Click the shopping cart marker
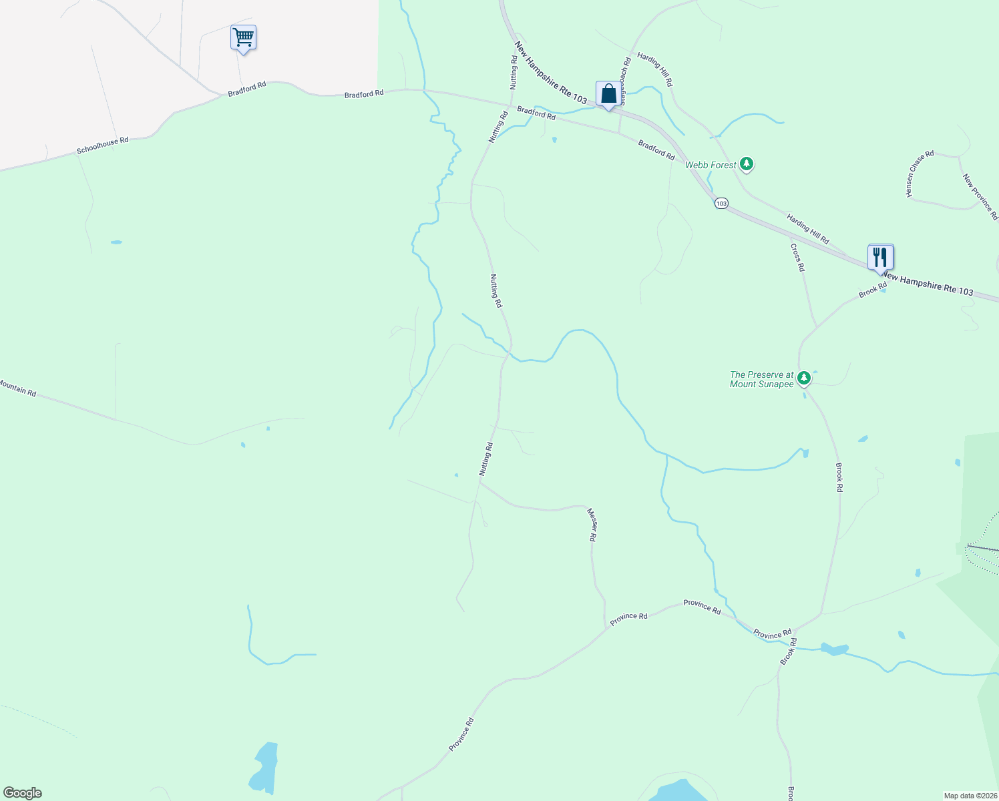tap(243, 38)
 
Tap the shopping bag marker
tap(608, 94)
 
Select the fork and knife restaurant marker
tap(880, 257)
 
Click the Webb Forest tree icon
tap(747, 164)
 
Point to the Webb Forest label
tap(711, 165)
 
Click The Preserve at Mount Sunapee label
tap(761, 379)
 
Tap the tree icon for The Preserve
tap(805, 378)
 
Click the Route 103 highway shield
tap(721, 203)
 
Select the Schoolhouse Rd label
tap(102, 146)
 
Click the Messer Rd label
tap(592, 524)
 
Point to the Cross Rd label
tap(797, 257)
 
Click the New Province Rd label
tap(980, 196)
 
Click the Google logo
tap(23, 793)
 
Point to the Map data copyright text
tap(970, 796)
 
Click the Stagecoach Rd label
tap(625, 81)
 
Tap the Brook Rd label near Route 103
tap(873, 290)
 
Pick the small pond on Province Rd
tap(834, 649)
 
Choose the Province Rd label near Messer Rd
tap(628, 616)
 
